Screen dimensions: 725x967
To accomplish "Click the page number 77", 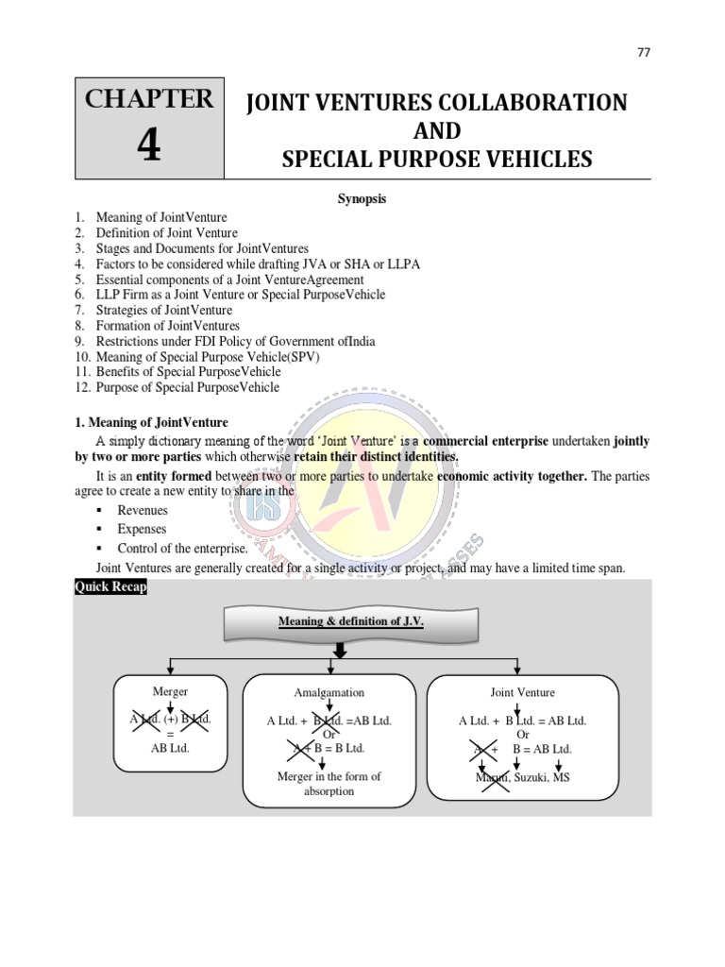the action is pos(644,52).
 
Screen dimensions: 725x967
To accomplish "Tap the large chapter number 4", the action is pos(149,145).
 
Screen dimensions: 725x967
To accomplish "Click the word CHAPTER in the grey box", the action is pos(149,99).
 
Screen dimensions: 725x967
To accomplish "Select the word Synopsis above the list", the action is pos(362,199).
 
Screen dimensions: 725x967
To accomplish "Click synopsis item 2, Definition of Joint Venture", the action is pos(166,233).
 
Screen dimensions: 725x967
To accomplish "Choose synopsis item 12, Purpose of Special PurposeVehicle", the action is pos(187,387).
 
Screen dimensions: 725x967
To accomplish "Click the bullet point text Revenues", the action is pos(143,511).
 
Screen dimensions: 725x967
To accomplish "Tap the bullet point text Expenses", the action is pos(142,530).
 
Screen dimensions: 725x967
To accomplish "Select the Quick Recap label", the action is pos(110,587).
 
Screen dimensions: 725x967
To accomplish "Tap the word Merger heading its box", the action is pos(170,691).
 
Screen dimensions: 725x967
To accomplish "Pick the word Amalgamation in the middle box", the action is pos(329,693).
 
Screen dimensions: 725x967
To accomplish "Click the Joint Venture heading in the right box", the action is pos(522,692).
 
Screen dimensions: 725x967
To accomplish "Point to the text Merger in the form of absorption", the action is pos(329,784).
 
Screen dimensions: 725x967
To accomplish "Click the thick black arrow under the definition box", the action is pos(340,652).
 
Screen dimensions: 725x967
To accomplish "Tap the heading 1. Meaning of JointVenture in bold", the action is pos(151,422).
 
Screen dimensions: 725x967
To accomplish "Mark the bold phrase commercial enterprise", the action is pos(485,442).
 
